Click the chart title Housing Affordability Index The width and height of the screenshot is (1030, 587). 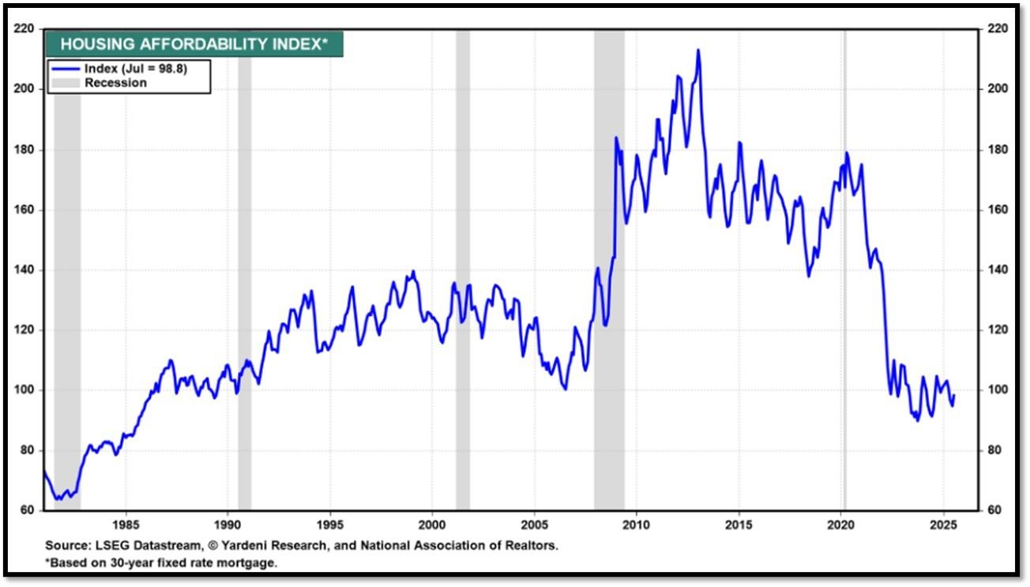194,44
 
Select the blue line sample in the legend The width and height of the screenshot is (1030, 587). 66,69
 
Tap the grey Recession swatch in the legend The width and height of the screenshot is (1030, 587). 66,83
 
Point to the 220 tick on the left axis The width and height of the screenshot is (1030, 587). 24,28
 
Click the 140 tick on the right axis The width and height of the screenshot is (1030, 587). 998,269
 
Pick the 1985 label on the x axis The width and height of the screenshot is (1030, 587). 126,525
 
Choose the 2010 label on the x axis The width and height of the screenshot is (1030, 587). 636,525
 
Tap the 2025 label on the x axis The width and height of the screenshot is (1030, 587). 943,525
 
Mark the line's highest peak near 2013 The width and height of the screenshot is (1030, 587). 698,50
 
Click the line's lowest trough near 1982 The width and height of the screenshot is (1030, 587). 58,499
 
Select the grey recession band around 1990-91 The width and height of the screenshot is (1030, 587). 245,270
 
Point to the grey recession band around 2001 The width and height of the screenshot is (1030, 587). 463,270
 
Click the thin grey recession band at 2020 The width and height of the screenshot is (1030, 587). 845,270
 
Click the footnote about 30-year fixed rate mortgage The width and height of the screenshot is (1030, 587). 161,563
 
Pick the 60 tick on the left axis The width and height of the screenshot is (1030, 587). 27,510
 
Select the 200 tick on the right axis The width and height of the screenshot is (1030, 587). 998,88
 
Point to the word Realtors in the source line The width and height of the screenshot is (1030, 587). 532,546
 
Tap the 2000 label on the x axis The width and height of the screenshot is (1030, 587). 432,525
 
